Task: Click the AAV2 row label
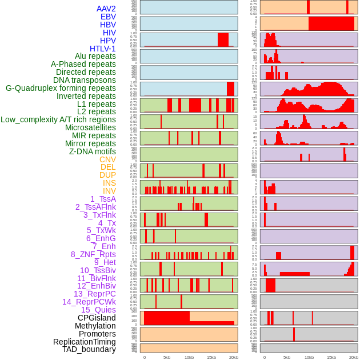[106, 9]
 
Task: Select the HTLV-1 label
[102, 49]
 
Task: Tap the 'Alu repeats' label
[95, 56]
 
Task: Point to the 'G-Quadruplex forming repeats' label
[61, 88]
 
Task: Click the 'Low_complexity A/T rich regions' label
[58, 119]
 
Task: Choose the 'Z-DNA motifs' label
[92, 151]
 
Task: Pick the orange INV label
[109, 191]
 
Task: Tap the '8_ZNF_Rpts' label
[93, 254]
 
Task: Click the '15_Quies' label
[98, 310]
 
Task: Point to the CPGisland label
[97, 318]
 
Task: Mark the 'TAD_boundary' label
[89, 349]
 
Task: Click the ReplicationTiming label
[84, 342]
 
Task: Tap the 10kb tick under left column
[189, 357]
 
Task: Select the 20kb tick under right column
[354, 357]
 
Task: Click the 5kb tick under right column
[287, 357]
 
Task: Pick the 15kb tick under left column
[211, 357]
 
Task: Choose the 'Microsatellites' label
[90, 127]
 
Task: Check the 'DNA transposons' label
[85, 80]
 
